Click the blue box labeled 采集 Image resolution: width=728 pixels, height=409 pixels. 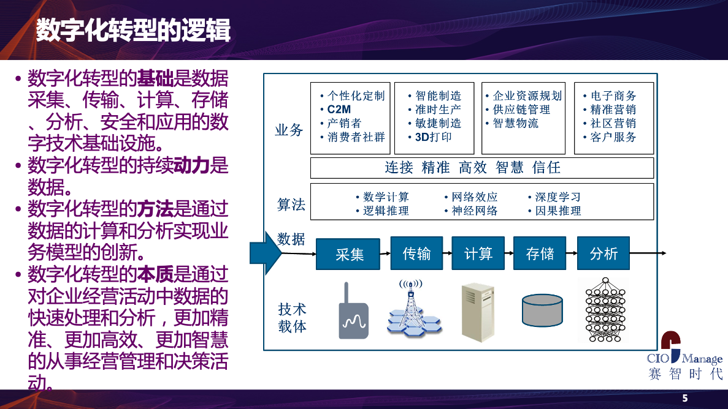coord(348,253)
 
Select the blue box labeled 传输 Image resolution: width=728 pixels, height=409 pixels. coord(416,253)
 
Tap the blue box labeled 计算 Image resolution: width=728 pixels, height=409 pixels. coord(478,253)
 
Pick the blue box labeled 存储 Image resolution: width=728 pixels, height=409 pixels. coord(540,253)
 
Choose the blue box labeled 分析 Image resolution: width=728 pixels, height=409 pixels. coord(603,253)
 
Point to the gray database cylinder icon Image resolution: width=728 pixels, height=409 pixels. coord(542,310)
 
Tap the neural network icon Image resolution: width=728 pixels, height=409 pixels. coord(605,310)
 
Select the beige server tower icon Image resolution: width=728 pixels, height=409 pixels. coord(478,313)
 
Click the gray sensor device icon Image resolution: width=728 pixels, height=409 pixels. coord(353,310)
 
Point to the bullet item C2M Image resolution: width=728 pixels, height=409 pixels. coord(339,110)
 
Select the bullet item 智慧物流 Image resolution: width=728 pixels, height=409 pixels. coord(515,123)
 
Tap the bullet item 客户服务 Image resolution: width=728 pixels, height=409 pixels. coord(613,137)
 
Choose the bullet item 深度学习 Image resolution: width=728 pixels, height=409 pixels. coord(557,197)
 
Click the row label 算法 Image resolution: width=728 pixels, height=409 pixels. coord(291,204)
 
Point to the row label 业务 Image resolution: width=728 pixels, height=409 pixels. coord(289,130)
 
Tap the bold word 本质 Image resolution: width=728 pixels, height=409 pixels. coord(155,274)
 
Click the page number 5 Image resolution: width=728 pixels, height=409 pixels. coord(685,399)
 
